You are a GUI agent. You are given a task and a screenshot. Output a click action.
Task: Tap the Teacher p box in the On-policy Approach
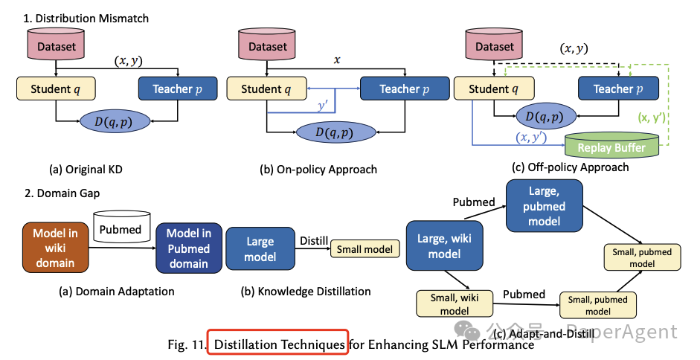[x=399, y=89]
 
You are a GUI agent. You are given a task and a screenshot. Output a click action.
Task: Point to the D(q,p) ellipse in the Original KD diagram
[x=117, y=123]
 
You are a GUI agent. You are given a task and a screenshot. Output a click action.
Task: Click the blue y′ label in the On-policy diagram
[x=321, y=108]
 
